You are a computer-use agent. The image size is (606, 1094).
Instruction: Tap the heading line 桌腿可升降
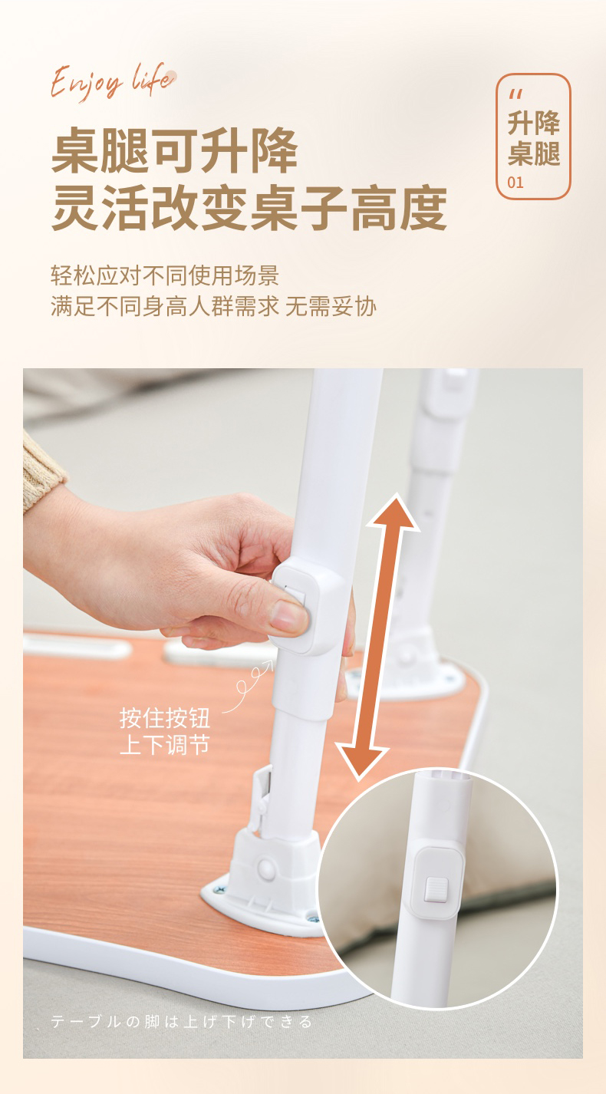pyautogui.click(x=174, y=150)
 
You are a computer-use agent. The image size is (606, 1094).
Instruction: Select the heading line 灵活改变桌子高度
pyautogui.click(x=249, y=208)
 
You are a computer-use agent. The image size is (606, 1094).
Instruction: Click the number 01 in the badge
pyautogui.click(x=515, y=183)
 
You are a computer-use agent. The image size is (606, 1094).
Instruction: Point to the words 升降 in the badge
pyautogui.click(x=533, y=123)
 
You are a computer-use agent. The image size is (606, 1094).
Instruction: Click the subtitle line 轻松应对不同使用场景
pyautogui.click(x=165, y=275)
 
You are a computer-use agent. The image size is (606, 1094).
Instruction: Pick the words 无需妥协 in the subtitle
pyautogui.click(x=331, y=307)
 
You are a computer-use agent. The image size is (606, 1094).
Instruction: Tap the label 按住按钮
pyautogui.click(x=165, y=718)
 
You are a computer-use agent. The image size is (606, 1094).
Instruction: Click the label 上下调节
pyautogui.click(x=165, y=745)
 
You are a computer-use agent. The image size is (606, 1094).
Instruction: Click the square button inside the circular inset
pyautogui.click(x=436, y=889)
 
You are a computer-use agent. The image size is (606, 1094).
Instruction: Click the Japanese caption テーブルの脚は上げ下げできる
pyautogui.click(x=181, y=1022)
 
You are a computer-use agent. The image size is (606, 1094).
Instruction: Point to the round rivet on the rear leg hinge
pyautogui.click(x=404, y=654)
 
